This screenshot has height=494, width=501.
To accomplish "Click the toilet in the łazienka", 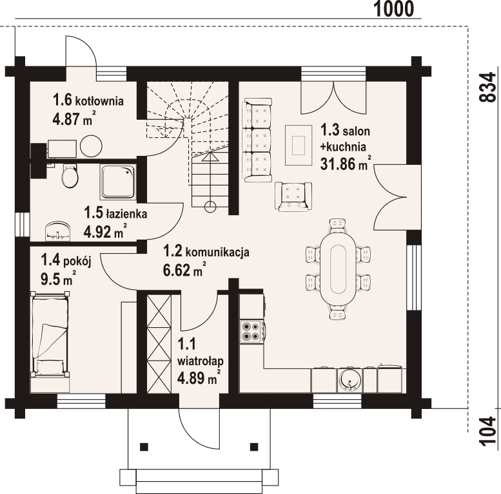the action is click(x=70, y=176).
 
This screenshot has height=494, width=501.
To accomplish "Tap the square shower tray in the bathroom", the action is click(x=119, y=182).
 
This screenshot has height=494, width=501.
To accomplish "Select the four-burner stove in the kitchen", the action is click(x=251, y=332).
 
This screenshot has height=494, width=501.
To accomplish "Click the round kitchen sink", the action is click(x=350, y=380).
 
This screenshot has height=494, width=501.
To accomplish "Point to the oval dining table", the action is click(x=339, y=269).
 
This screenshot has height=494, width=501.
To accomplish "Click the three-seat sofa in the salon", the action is click(x=257, y=140).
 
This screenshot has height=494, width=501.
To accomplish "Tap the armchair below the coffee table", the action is click(x=293, y=196).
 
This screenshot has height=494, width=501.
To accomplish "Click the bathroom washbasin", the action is click(x=58, y=231).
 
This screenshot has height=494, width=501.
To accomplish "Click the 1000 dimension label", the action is click(x=393, y=9).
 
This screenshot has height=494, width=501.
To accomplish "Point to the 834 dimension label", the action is click(x=489, y=87).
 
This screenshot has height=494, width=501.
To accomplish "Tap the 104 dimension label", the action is click(x=489, y=431).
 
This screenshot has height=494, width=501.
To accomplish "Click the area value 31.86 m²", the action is click(x=346, y=164).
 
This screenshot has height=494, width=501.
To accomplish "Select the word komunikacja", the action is click(x=217, y=252).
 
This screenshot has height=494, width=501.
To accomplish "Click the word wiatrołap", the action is click(x=201, y=361).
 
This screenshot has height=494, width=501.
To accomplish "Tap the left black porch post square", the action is click(x=144, y=446).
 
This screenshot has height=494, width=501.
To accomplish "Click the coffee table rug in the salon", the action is click(x=299, y=145).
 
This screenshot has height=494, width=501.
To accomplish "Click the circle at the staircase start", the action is click(x=210, y=207).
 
